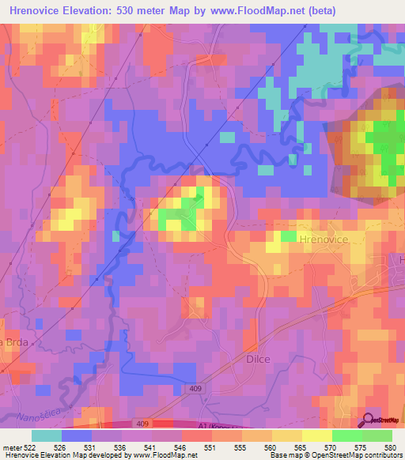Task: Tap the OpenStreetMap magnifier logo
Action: point(369,420)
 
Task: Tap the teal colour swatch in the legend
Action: point(47,435)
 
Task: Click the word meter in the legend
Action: point(12,447)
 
